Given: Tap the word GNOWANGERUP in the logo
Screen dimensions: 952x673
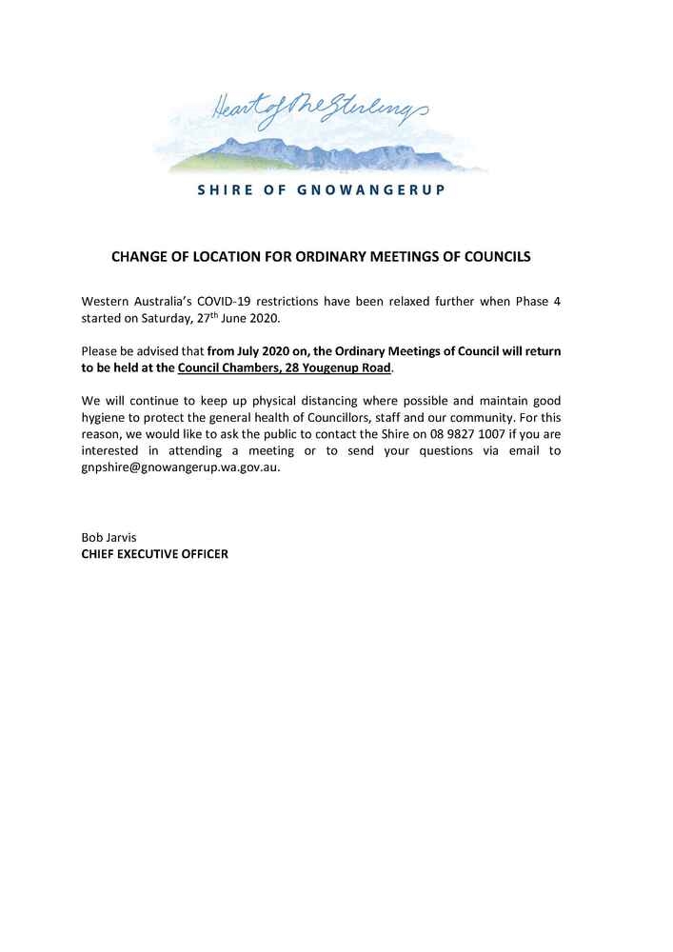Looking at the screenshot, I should point(372,189).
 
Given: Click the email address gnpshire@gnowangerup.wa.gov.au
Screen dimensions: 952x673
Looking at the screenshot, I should point(181,467).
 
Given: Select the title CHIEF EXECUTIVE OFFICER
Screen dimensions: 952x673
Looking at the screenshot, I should point(155,553).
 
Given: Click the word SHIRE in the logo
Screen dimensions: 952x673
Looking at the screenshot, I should point(225,189).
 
